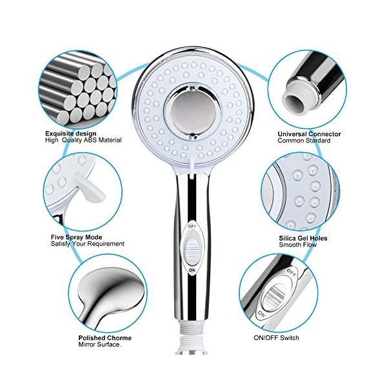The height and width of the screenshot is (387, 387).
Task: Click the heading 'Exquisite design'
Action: point(70,134)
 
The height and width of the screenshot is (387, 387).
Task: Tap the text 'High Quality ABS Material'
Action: point(83,140)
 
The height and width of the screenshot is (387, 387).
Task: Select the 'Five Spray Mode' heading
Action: point(76,237)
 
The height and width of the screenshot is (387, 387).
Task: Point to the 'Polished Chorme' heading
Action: point(105,338)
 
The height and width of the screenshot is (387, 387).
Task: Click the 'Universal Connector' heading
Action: point(309,134)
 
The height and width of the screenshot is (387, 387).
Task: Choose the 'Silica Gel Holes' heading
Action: point(303,238)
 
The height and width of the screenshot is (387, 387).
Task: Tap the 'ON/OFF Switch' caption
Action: point(276,337)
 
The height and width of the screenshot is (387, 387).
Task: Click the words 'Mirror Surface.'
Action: point(100,344)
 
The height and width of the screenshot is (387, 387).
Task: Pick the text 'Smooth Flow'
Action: point(297,245)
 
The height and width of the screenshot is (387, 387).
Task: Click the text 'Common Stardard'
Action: point(304,141)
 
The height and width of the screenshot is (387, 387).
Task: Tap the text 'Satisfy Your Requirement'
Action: point(87,244)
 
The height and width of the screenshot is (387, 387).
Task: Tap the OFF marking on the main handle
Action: point(192,226)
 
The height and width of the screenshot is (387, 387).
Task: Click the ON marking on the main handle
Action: point(192,270)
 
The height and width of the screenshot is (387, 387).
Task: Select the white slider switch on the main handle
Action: point(192,248)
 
